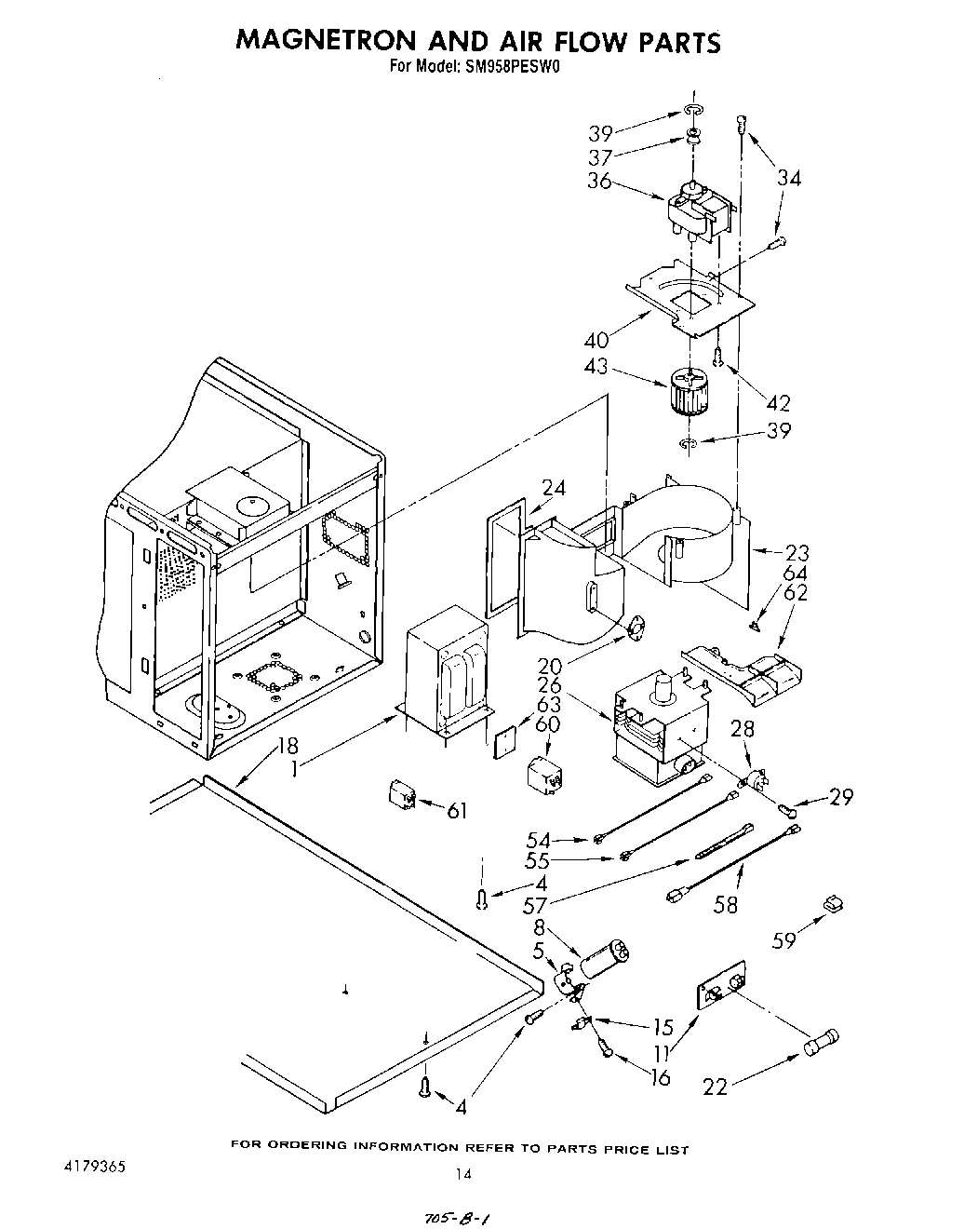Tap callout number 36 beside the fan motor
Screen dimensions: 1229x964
(x=599, y=181)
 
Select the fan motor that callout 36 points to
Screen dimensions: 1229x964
(x=698, y=210)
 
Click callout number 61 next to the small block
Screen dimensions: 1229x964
(x=456, y=811)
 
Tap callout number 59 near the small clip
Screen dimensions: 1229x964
(x=784, y=939)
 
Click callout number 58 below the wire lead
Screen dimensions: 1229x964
(x=725, y=904)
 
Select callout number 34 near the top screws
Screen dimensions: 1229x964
(x=788, y=177)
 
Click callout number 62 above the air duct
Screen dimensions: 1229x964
(x=796, y=592)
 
